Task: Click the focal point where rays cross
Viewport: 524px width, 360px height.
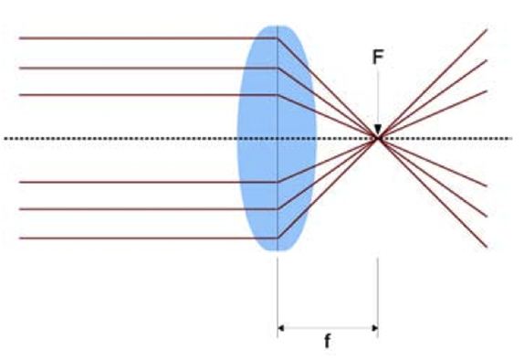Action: (377, 138)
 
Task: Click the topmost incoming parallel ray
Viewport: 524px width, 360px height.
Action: (137, 37)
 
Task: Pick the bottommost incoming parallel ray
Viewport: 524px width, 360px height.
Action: (137, 238)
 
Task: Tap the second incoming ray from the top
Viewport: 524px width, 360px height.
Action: (137, 68)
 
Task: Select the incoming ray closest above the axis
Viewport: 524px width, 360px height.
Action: (137, 94)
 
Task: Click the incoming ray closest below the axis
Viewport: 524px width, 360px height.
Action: (137, 181)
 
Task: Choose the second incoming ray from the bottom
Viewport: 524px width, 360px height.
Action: (137, 209)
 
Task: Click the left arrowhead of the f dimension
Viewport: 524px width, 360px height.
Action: (282, 325)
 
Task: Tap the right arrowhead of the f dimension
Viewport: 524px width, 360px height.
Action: (372, 325)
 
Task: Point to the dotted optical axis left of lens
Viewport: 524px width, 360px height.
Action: (119, 138)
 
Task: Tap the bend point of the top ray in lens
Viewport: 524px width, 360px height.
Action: (277, 37)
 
